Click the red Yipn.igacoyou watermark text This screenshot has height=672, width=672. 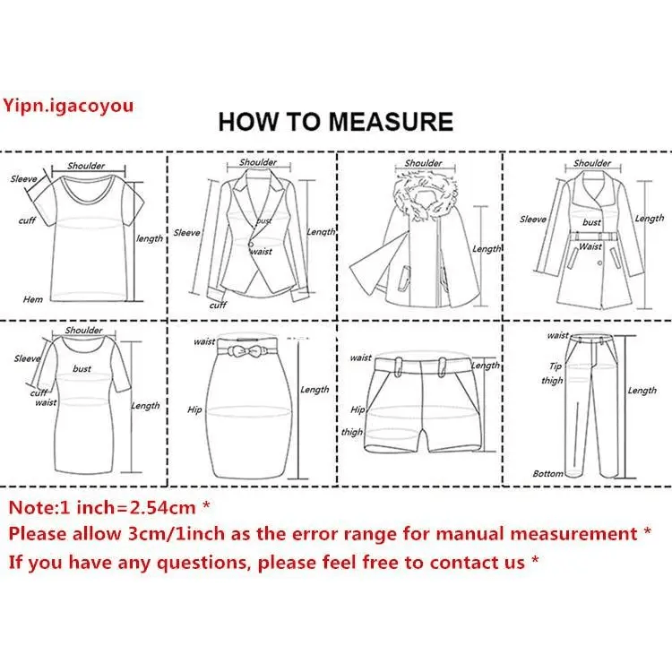(69, 106)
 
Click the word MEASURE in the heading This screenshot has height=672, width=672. (391, 121)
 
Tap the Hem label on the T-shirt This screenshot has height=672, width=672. (33, 299)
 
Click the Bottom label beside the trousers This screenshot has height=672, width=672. (547, 474)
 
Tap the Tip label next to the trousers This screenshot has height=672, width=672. (556, 366)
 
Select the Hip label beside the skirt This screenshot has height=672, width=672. (194, 409)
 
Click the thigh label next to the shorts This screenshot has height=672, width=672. (352, 432)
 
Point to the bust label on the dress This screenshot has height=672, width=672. (82, 368)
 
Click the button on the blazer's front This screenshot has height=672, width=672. (251, 244)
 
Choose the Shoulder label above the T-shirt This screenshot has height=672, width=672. (86, 166)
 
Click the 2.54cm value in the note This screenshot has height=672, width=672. (162, 507)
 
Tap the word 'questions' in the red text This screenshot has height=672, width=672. (203, 563)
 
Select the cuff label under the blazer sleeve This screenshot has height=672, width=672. (218, 306)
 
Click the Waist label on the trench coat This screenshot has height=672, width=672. (590, 246)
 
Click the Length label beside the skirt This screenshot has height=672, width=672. (314, 390)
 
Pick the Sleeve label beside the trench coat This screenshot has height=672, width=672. (533, 219)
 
